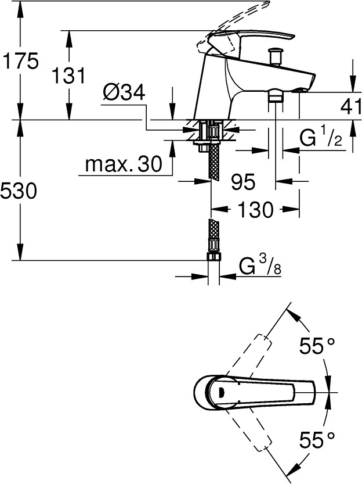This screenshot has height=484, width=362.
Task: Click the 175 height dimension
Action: (x=21, y=60)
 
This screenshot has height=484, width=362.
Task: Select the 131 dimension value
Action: (x=69, y=76)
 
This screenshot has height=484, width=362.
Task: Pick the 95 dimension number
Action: (x=242, y=182)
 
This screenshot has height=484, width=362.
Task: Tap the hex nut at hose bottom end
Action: (x=213, y=258)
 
